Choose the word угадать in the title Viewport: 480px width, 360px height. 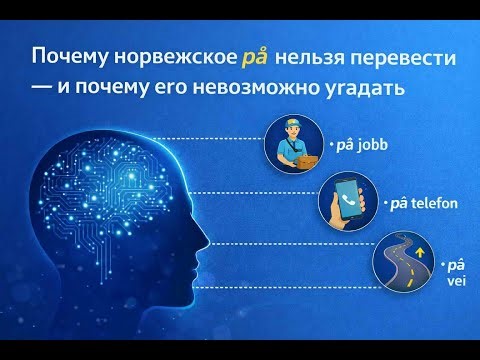click(362, 88)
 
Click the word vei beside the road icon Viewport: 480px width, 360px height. click(456, 281)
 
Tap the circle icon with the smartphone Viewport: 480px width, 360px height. click(346, 204)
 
